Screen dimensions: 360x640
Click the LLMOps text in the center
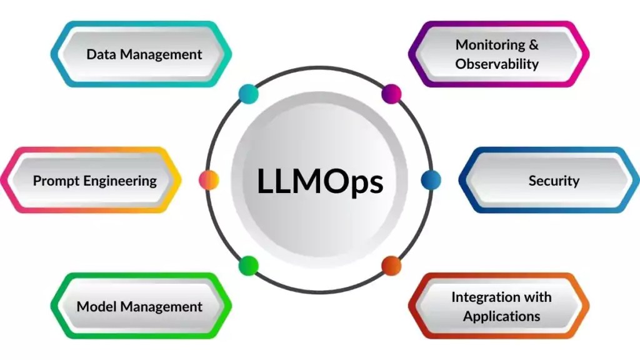(320, 181)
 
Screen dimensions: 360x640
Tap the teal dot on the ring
(248, 94)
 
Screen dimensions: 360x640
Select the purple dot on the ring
(391, 94)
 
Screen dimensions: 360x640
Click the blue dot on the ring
(431, 180)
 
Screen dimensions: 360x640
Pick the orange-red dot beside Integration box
(391, 266)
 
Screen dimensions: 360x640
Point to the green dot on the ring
(248, 266)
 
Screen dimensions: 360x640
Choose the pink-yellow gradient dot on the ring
(209, 180)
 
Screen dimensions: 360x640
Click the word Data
(101, 54)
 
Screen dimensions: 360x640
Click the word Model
(97, 307)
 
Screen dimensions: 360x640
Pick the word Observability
(497, 64)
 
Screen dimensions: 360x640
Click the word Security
(554, 181)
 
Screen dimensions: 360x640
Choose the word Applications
(501, 316)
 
